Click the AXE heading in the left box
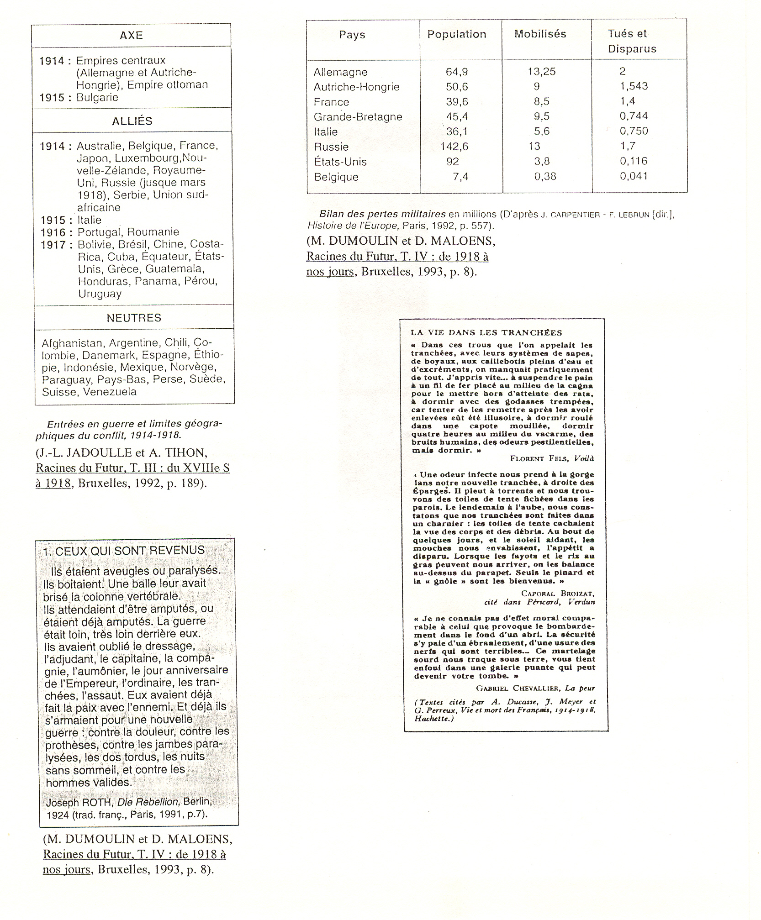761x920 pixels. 131,36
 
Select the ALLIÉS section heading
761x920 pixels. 132,121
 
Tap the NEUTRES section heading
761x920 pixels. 134,318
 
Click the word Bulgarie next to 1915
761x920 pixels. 97,98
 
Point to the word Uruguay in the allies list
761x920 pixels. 100,294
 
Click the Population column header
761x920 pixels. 456,35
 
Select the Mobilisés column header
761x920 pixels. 540,34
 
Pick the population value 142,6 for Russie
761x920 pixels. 454,147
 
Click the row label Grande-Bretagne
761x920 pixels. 358,117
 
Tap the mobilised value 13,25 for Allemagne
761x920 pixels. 541,72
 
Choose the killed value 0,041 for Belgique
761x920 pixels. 634,176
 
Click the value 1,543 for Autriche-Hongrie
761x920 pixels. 634,86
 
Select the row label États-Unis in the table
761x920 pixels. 340,162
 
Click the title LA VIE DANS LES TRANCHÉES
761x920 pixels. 486,333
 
